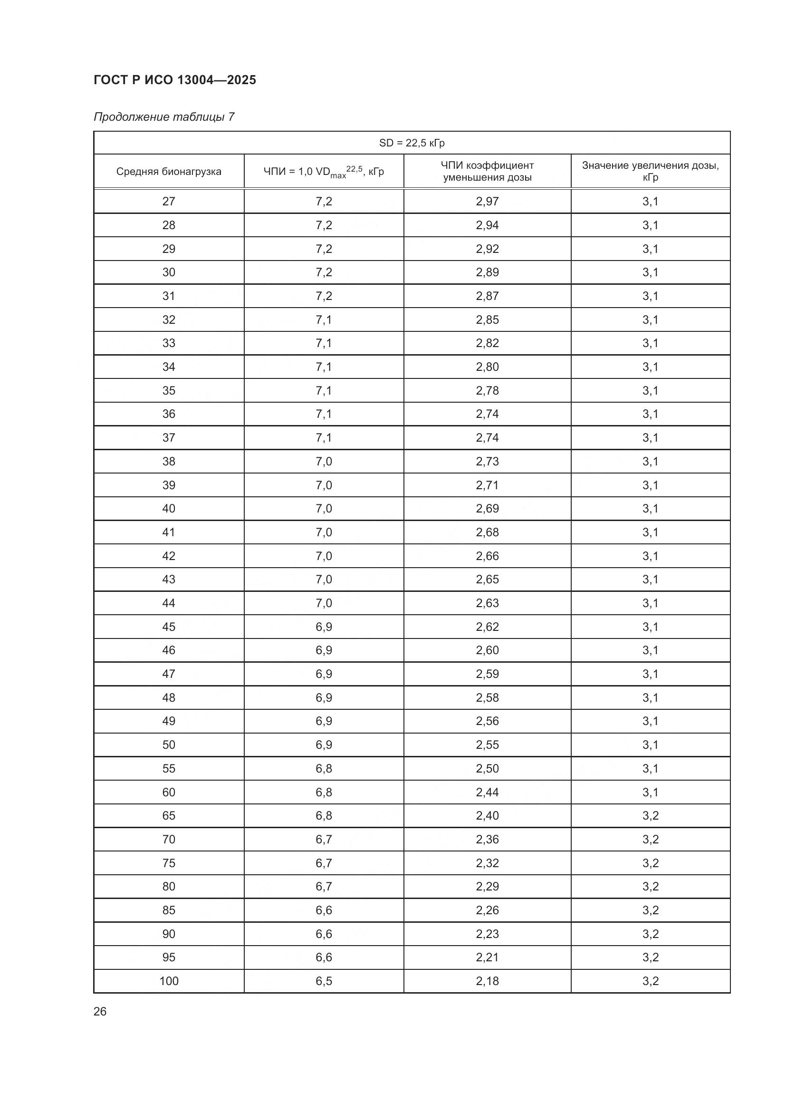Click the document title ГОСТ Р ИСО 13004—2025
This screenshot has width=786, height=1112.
(175, 80)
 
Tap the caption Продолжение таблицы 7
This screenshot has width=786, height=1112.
(163, 117)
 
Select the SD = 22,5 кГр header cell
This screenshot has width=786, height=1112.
(412, 143)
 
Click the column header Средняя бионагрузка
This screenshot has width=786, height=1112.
(168, 172)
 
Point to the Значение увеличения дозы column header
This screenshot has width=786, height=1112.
(650, 172)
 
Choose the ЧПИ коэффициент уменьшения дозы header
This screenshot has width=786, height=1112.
(487, 172)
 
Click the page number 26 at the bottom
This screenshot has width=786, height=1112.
(100, 1011)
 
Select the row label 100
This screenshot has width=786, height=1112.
(168, 981)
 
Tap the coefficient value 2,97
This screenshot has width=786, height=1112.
(487, 202)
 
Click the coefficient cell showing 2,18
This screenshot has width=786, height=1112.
(487, 981)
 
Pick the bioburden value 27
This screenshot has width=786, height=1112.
(168, 202)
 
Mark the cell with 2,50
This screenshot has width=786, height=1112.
(487, 769)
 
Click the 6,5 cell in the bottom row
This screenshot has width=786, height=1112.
(324, 981)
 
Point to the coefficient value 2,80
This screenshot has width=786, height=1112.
(487, 367)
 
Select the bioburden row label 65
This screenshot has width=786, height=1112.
(168, 816)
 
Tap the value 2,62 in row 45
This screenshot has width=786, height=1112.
(487, 627)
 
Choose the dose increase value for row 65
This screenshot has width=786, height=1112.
(650, 816)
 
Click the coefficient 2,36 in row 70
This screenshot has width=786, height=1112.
(487, 839)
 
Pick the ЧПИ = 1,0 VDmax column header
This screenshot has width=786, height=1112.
(324, 172)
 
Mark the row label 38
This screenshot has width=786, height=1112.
(168, 461)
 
